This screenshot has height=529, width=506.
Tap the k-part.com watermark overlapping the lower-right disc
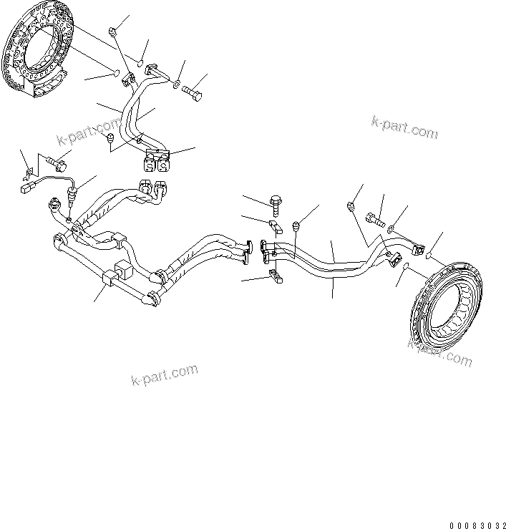pyautogui.click(x=439, y=351)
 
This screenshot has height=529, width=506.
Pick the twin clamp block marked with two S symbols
pyautogui.click(x=157, y=163)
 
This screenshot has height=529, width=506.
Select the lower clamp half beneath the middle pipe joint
pyautogui.click(x=275, y=276)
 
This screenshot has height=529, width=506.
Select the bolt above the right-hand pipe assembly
pyautogui.click(x=375, y=219)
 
